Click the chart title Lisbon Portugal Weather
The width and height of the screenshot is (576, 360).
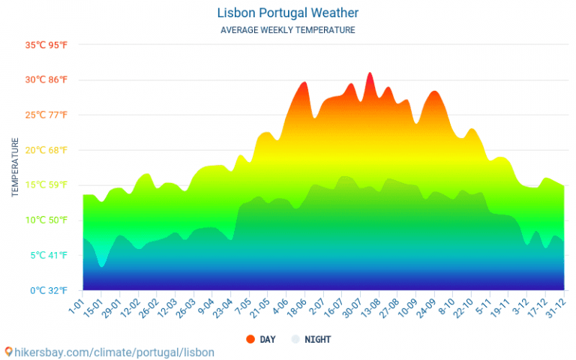point(288,13)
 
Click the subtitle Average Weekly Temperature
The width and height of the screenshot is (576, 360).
point(288,30)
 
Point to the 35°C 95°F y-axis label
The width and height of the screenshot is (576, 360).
point(46,45)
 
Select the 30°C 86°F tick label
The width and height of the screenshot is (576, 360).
point(46,79)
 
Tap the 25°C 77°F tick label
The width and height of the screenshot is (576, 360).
point(46,115)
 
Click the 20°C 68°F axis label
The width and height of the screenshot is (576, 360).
point(46,150)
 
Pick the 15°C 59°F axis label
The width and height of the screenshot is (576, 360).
point(46,184)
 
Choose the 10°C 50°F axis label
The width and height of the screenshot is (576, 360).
point(46,220)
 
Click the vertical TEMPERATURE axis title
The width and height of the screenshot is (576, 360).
point(15,167)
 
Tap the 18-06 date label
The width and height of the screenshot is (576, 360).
point(295,308)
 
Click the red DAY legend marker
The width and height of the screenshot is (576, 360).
point(250,339)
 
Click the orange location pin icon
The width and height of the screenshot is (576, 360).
point(8,352)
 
